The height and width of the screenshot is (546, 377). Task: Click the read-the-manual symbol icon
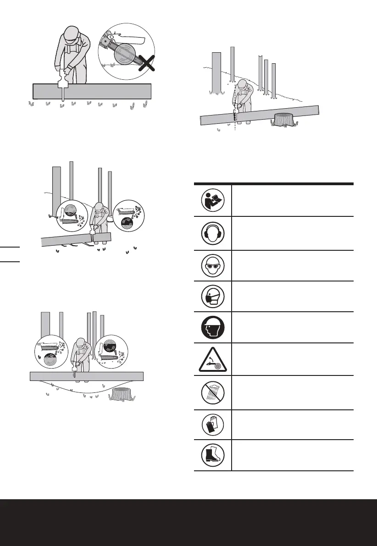pos(212,200)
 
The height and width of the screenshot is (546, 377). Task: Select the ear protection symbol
pos(212,233)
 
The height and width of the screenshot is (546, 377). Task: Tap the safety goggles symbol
pos(212,265)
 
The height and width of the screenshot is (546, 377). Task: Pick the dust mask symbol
pos(212,296)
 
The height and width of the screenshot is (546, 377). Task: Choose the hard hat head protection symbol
pos(212,327)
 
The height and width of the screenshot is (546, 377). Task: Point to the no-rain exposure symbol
pos(212,392)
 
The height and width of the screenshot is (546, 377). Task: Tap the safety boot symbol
pos(212,454)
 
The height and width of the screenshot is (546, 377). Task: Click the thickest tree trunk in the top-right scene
pos(216,72)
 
